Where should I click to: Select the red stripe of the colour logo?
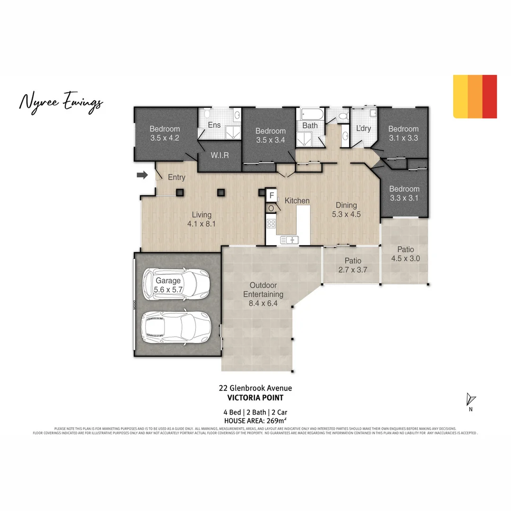490,96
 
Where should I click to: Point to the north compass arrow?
470,400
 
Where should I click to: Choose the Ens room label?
214,125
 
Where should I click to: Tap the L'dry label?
363,129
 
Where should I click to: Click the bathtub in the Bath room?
310,115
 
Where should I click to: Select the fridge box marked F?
272,195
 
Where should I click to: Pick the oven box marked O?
271,208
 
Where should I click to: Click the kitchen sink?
289,240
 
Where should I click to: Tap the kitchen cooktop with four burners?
271,223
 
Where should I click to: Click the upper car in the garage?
176,284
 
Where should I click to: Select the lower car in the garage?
175,326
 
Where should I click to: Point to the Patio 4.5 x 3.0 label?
405,254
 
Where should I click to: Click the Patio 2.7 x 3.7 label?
352,265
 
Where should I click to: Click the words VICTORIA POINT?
255,398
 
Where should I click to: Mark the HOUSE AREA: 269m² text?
255,420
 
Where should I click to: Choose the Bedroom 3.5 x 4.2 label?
165,133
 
